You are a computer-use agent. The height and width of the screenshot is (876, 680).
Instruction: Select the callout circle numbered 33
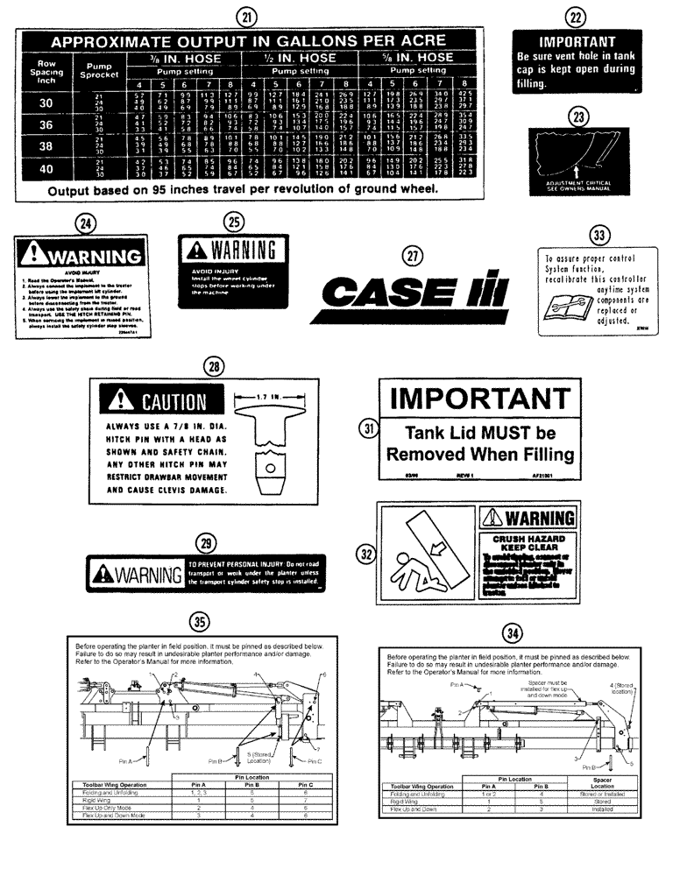[x=599, y=234]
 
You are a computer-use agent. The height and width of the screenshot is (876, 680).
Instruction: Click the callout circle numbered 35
[x=201, y=621]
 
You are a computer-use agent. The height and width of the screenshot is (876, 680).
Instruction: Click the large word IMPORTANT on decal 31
[x=480, y=399]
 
